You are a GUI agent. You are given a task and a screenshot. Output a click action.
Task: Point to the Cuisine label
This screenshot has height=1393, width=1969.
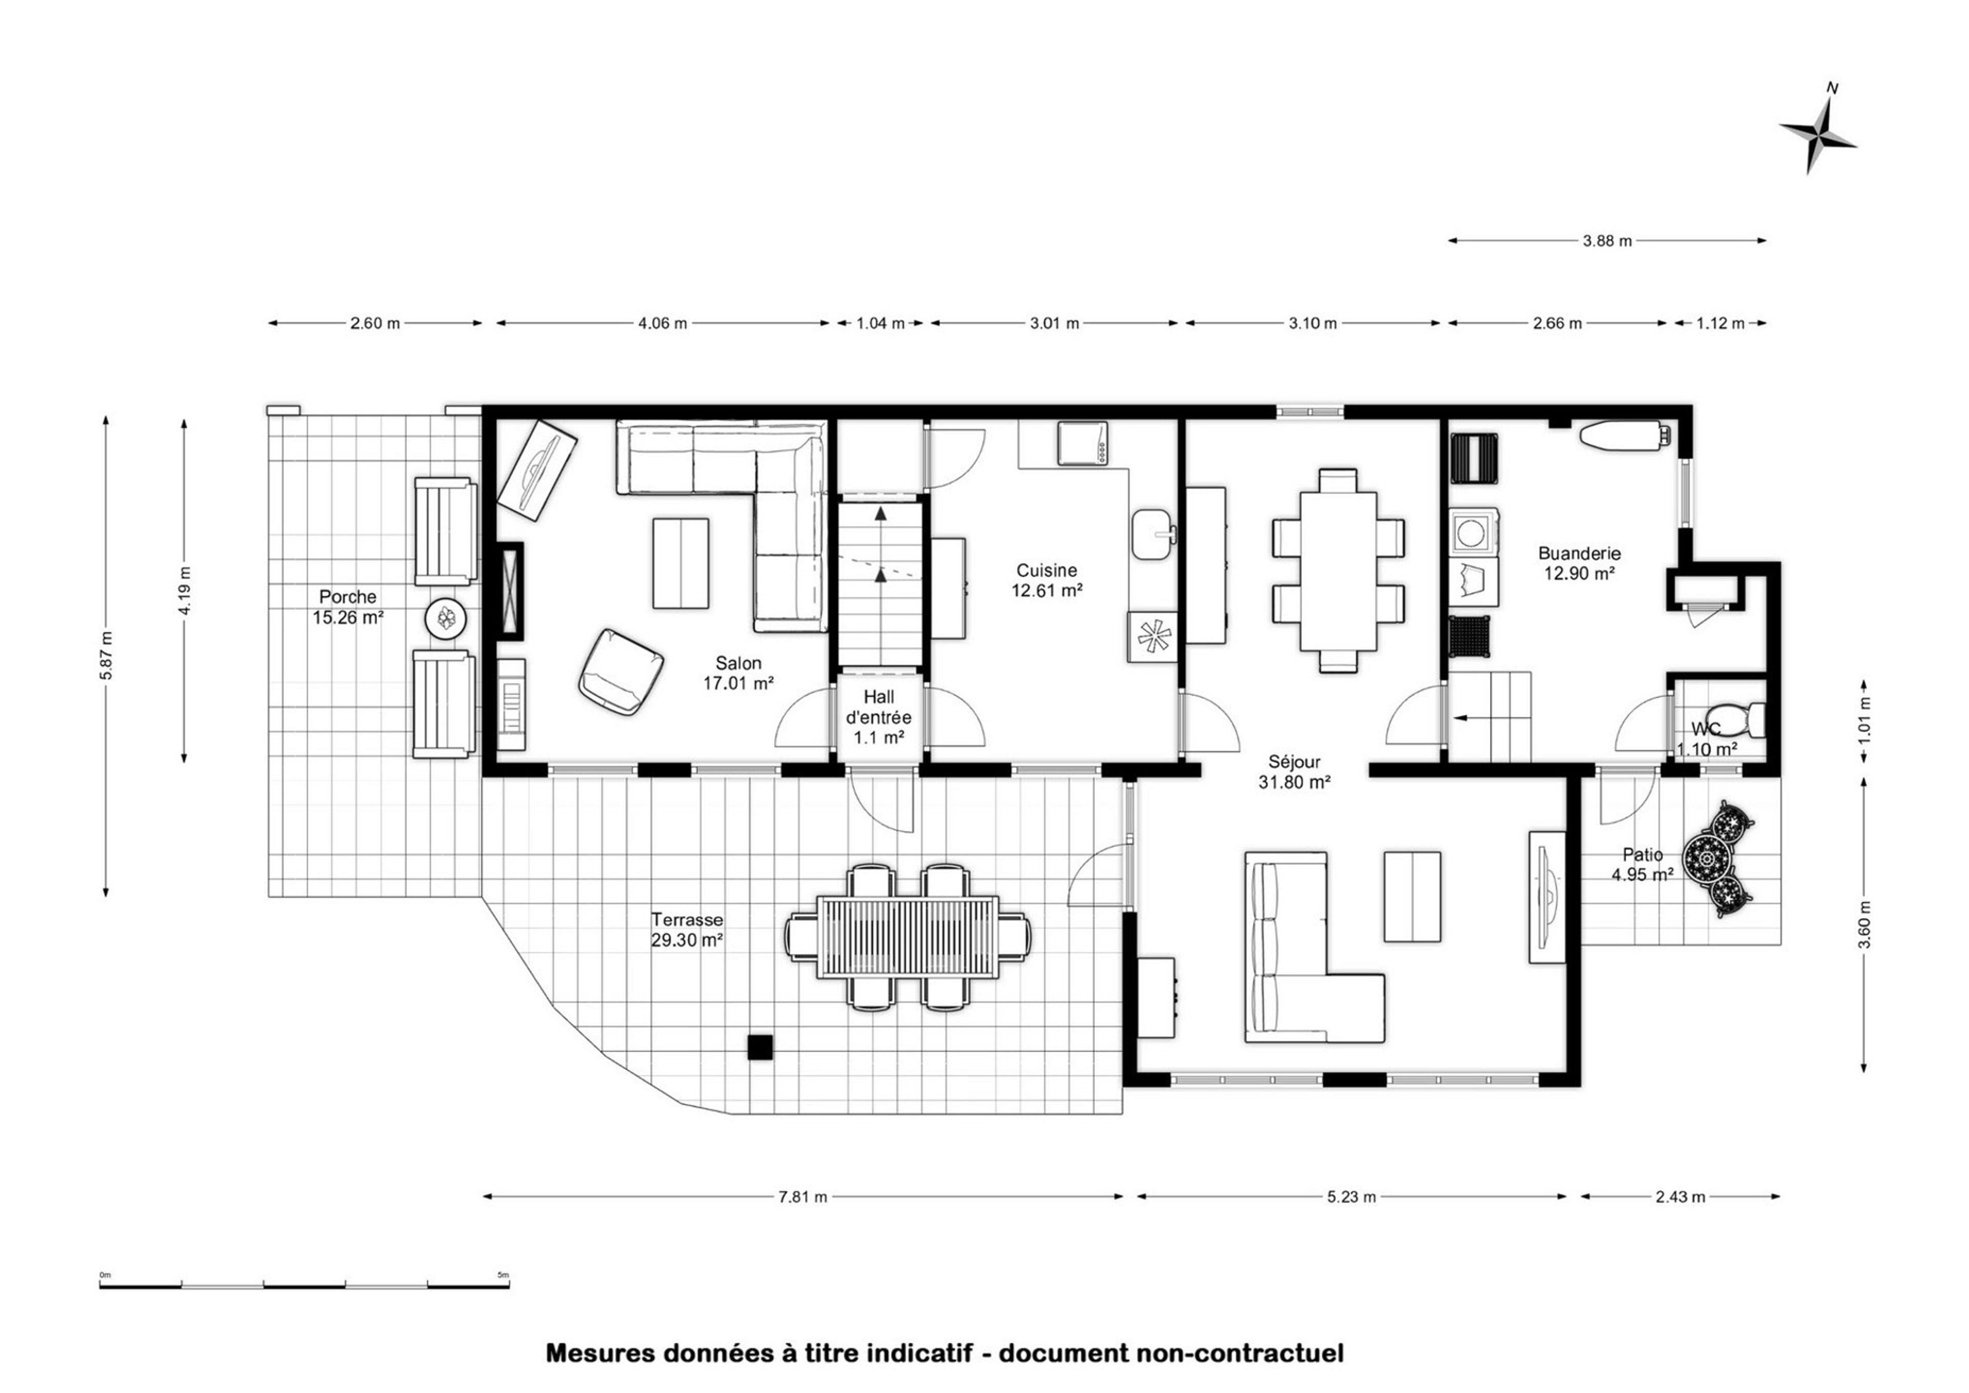click(x=1046, y=571)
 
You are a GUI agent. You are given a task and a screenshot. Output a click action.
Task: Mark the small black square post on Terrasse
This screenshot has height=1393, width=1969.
click(x=759, y=1047)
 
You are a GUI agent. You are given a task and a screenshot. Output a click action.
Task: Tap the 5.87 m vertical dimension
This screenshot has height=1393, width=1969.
click(x=106, y=656)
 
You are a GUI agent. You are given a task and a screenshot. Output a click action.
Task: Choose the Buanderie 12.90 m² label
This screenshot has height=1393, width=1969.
click(x=1579, y=563)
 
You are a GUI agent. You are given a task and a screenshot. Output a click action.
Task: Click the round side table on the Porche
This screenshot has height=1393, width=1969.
click(x=446, y=618)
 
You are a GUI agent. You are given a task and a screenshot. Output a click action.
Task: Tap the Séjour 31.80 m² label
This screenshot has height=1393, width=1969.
click(x=1295, y=771)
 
